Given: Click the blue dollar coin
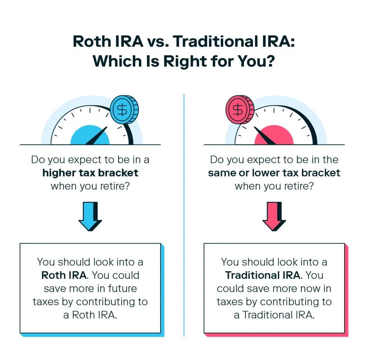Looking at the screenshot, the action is pyautogui.click(x=123, y=109).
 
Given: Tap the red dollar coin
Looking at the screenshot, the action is pyautogui.click(x=238, y=109).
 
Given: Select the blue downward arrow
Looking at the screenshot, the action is pyautogui.click(x=89, y=216).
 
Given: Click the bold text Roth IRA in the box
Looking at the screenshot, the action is pyautogui.click(x=64, y=275).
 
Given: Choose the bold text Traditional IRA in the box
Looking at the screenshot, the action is pyautogui.click(x=262, y=275).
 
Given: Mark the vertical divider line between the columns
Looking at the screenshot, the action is pyautogui.click(x=184, y=216).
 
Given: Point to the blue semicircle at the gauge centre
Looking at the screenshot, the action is pyautogui.click(x=90, y=137).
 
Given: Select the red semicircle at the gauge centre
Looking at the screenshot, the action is pyautogui.click(x=274, y=137).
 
